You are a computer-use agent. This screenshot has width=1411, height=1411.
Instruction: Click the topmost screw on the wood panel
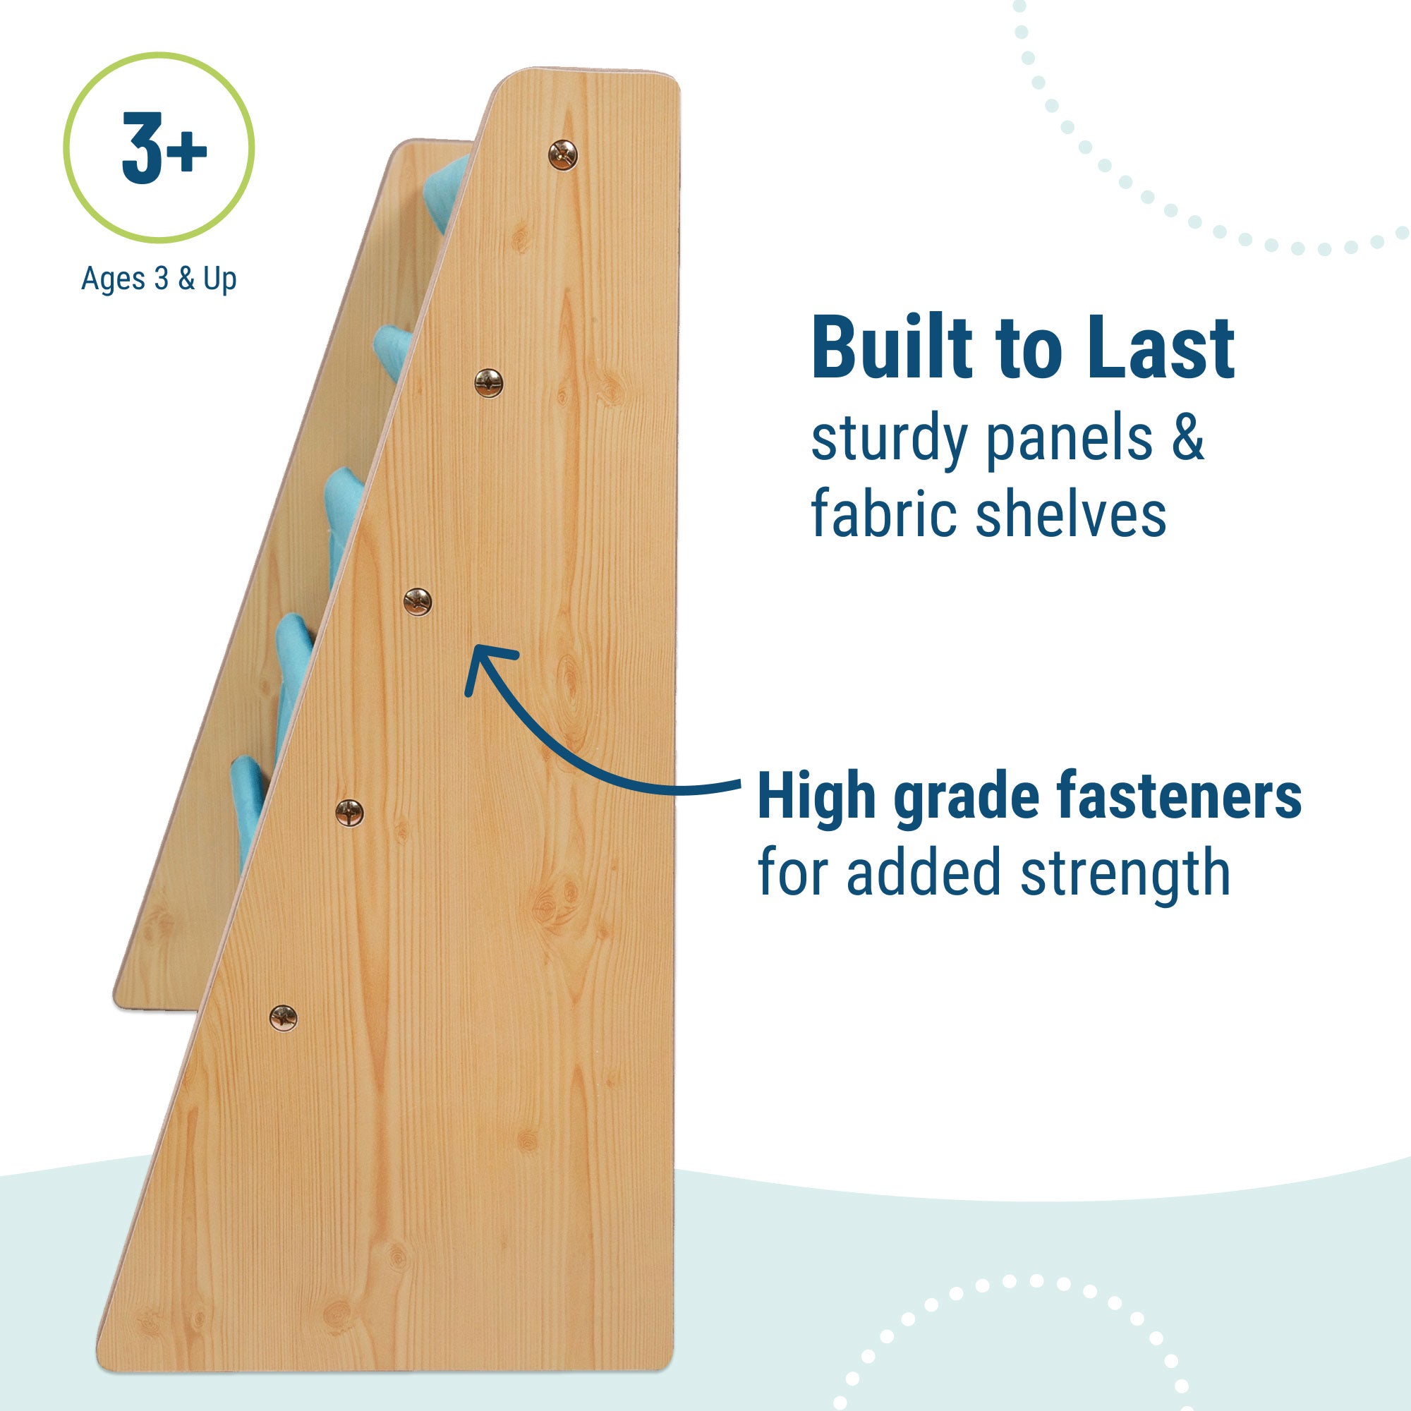point(562,155)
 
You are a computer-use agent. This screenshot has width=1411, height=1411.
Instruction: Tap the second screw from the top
point(489,382)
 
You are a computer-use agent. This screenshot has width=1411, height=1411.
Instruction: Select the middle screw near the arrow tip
point(417,602)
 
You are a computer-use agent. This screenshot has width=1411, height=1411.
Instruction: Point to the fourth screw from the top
point(349,811)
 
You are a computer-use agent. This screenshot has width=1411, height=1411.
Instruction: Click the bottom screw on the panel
point(284,1017)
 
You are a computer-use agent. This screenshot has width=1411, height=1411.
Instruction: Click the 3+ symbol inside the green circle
point(164,148)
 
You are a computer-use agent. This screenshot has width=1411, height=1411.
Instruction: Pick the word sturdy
point(889,440)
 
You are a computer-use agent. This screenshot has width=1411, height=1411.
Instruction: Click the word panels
point(1068,440)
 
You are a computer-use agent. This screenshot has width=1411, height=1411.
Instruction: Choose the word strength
point(1125,873)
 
